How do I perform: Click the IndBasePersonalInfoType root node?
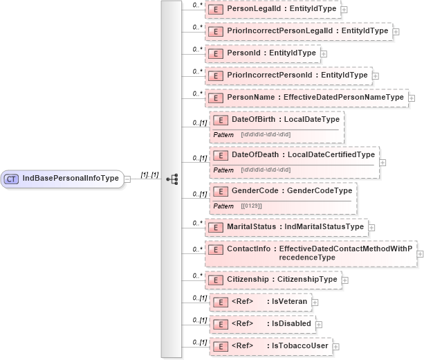[70, 179]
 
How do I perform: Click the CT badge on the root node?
[12, 179]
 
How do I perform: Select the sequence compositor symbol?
[172, 179]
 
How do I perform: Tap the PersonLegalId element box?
[273, 10]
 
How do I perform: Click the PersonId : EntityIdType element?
[263, 53]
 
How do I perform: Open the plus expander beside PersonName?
[412, 98]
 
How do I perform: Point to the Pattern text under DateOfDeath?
[223, 170]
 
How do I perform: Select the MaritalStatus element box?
[286, 226]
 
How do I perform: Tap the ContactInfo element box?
[311, 253]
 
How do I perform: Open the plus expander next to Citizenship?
[345, 280]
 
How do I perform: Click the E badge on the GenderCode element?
[221, 191]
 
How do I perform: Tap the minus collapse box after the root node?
[127, 179]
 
